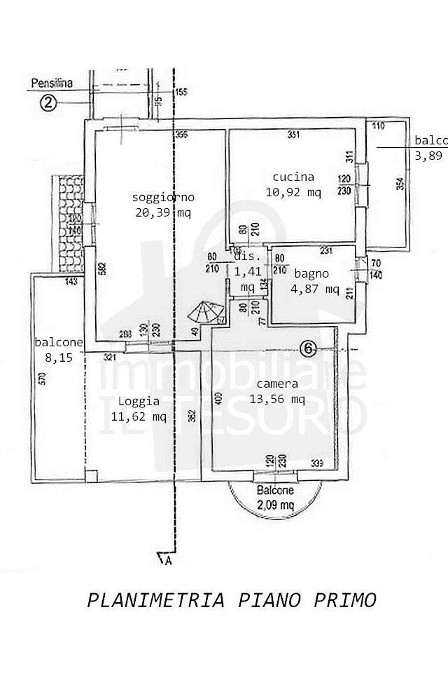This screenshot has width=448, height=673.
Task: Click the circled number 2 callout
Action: point(48,103)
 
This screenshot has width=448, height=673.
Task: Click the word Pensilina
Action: point(51,83)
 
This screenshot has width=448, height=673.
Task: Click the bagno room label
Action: point(311,274)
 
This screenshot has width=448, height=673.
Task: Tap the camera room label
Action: point(277,384)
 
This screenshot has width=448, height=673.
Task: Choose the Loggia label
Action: point(139,402)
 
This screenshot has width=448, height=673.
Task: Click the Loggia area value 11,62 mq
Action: point(139,416)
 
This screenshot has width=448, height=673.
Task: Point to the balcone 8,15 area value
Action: point(59,356)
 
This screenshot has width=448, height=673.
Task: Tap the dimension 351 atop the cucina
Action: point(294,135)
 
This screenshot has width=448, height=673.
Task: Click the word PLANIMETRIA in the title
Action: point(155,600)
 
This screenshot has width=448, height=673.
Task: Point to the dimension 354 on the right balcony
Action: point(400,184)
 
